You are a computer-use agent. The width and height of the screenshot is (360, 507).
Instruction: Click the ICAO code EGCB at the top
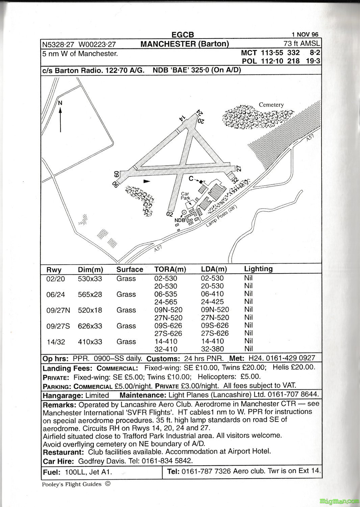183,35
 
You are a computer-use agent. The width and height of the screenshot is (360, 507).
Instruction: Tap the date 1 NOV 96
305,34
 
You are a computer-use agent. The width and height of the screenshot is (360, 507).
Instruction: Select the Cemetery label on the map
271,105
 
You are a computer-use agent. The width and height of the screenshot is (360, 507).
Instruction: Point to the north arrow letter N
60,103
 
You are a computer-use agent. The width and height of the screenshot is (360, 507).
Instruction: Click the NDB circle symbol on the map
184,212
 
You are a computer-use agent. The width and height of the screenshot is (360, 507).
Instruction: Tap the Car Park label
185,196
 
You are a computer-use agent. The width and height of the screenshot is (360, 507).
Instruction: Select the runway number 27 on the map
238,168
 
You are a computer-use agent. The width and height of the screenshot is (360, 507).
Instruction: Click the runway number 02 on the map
170,214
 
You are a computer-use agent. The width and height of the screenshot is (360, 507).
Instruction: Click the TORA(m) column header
170,269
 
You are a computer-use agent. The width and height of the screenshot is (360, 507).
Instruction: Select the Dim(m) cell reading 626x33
90,326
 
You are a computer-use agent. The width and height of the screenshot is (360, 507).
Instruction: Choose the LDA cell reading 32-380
212,349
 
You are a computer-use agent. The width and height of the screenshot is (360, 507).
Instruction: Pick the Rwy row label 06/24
56,295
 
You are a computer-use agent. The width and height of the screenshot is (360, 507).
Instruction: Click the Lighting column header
258,269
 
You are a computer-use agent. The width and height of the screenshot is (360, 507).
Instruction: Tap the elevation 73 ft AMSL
302,44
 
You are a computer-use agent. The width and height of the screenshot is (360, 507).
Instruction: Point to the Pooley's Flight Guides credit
72,484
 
